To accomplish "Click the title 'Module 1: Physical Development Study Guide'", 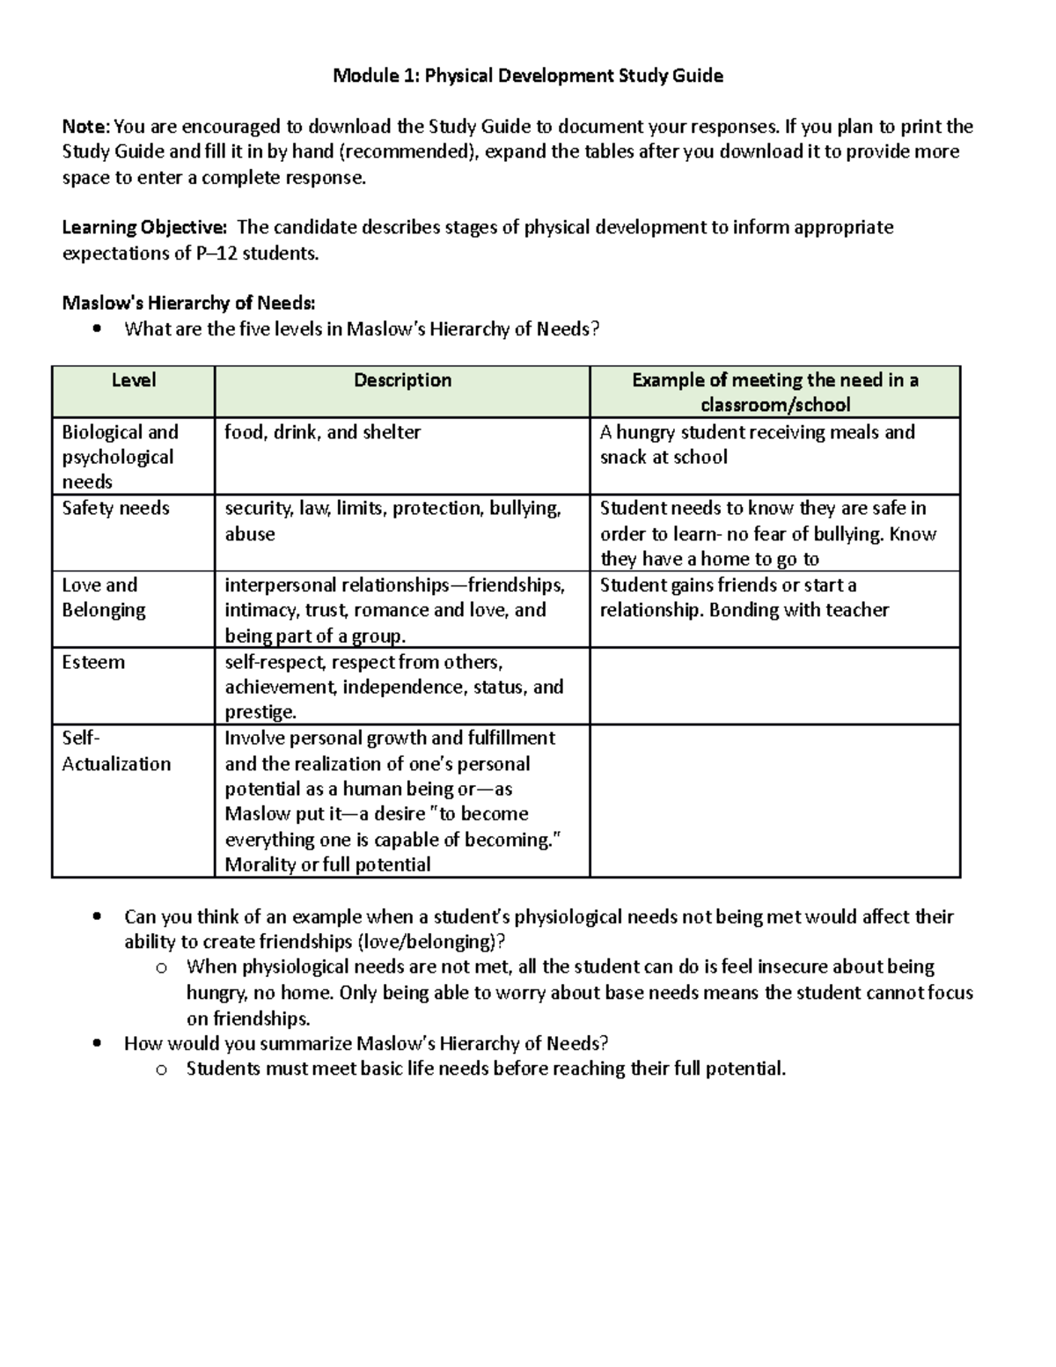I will click(x=527, y=76).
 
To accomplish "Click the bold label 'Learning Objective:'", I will click(x=144, y=228).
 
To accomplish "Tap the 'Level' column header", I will click(x=134, y=380).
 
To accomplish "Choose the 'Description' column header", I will click(x=402, y=380).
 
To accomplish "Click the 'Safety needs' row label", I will click(x=115, y=509).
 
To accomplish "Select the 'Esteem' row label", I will click(x=93, y=662).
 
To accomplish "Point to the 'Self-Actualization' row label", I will click(x=115, y=751).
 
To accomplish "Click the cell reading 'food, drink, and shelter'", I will click(x=322, y=432).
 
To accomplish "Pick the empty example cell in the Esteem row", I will click(x=774, y=687).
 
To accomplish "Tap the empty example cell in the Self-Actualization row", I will click(x=774, y=801).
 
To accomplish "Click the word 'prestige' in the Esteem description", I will click(x=259, y=712).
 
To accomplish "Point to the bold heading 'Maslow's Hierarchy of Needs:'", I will click(x=188, y=304).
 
